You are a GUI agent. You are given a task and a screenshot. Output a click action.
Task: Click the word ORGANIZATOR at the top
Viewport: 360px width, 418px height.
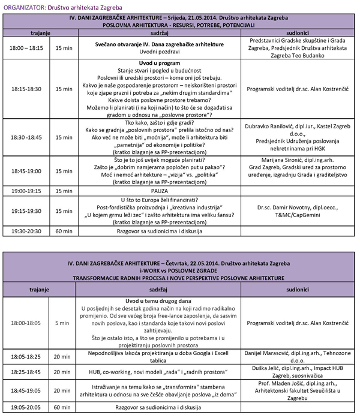point(23,6)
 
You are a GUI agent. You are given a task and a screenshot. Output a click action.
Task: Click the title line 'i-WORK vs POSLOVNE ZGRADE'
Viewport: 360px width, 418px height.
point(179,270)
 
